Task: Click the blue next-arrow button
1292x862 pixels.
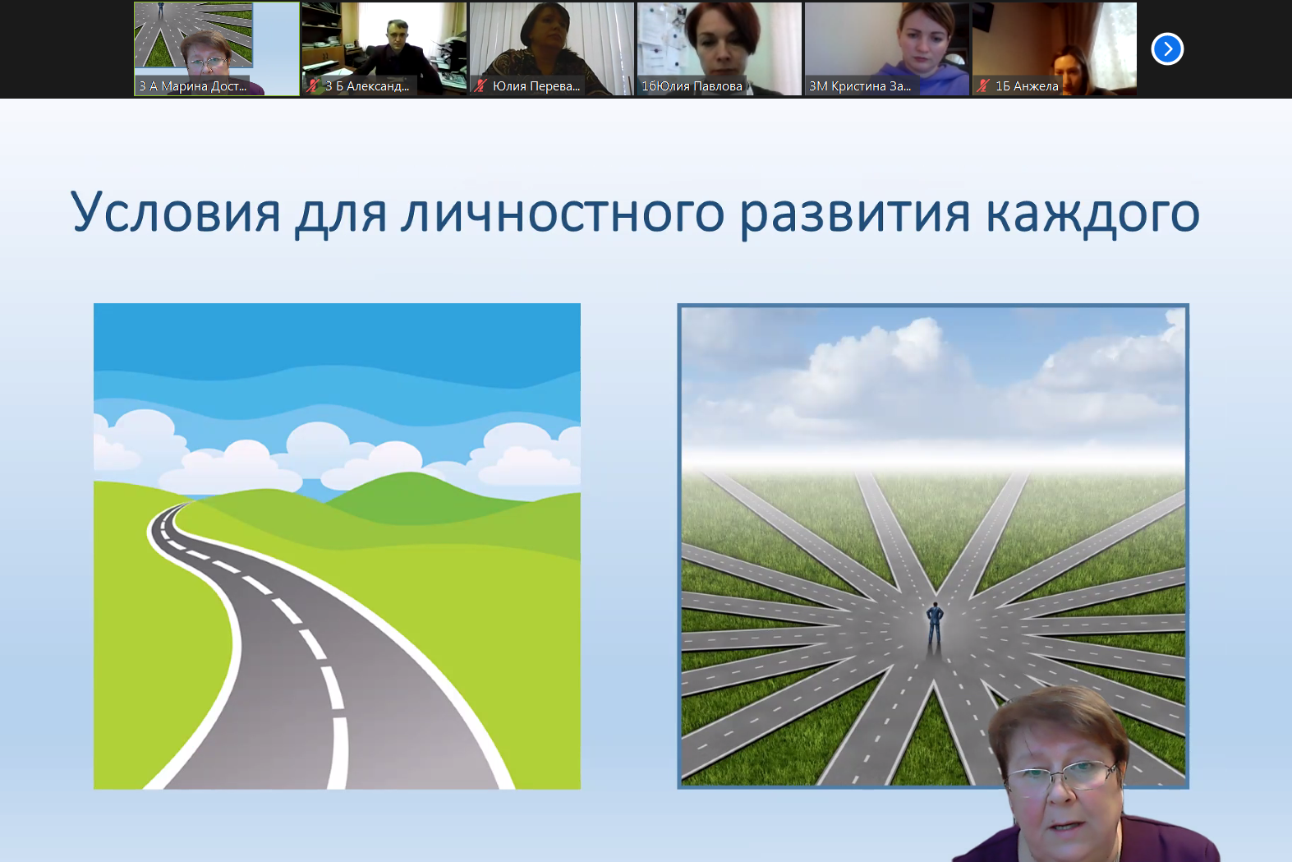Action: [1167, 49]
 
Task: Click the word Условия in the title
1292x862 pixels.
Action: [175, 212]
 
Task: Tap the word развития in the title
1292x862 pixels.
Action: [855, 214]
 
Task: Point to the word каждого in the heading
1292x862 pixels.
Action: [1093, 214]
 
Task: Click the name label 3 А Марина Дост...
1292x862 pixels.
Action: [193, 86]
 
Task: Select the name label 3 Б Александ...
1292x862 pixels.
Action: [367, 86]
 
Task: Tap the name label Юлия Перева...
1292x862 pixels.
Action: [536, 86]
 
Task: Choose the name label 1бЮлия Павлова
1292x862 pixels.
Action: [692, 86]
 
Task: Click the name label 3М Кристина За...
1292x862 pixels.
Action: [860, 86]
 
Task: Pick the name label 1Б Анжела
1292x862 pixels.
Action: [1027, 86]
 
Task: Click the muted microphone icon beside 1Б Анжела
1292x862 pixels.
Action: [983, 86]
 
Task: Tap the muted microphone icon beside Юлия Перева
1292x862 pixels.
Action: [480, 86]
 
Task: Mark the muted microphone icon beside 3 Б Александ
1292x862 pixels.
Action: [313, 86]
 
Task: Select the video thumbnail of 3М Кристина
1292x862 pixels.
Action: [886, 48]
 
